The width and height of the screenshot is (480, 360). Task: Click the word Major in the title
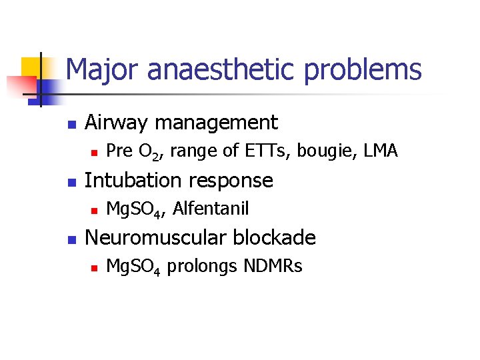click(x=99, y=69)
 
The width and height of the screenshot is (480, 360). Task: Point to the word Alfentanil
click(x=211, y=209)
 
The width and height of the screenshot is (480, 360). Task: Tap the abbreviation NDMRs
click(x=273, y=266)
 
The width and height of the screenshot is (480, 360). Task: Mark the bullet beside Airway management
click(x=71, y=124)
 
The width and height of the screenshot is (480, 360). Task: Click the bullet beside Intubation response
click(x=71, y=182)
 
